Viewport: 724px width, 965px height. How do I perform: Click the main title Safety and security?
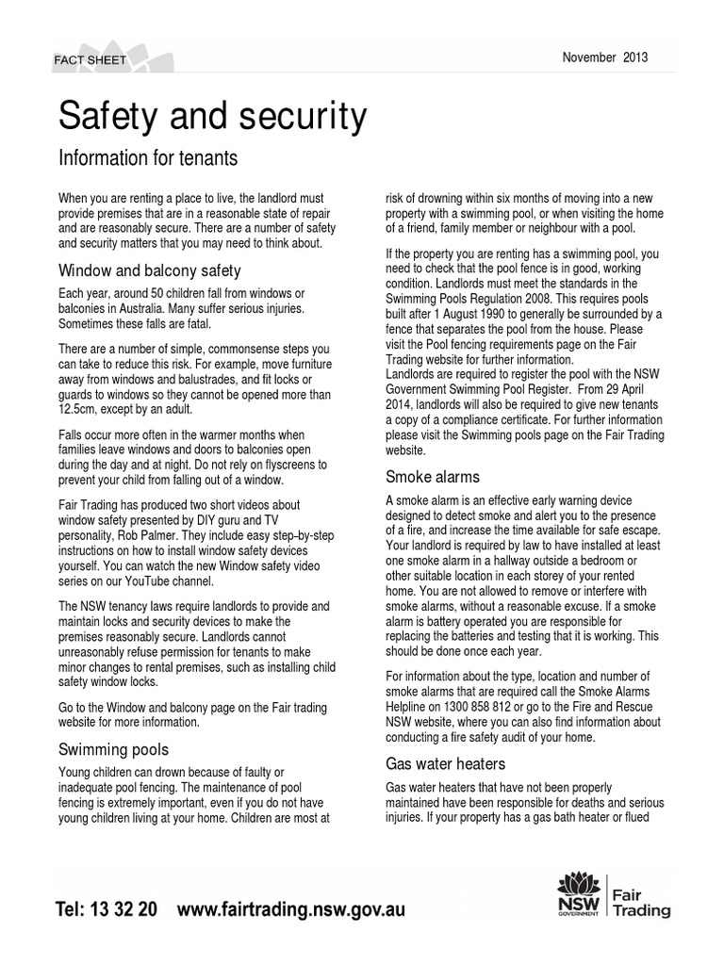(x=212, y=116)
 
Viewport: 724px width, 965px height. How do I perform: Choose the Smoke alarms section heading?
(x=433, y=476)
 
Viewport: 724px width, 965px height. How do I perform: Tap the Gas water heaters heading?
(x=446, y=763)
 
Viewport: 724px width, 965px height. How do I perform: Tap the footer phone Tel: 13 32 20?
(x=107, y=910)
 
